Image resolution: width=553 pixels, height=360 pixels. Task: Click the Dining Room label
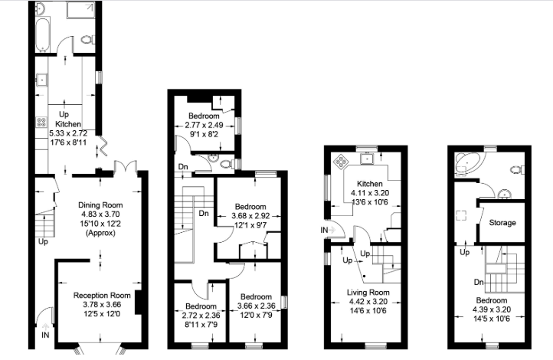click(100, 205)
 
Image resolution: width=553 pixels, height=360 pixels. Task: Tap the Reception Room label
click(102, 294)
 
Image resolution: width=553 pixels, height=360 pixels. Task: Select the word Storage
click(502, 223)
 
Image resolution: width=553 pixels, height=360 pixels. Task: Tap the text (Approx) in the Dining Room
click(100, 233)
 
